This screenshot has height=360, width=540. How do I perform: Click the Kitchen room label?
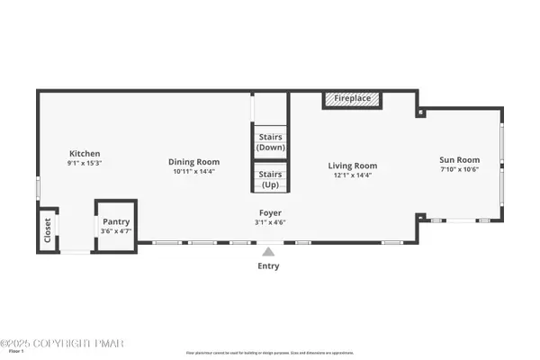(x=84, y=154)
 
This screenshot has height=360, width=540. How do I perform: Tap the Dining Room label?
(x=193, y=162)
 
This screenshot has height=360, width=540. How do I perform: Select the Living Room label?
(x=352, y=166)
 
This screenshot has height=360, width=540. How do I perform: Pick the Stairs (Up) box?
(x=270, y=179)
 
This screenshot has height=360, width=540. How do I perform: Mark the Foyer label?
(x=269, y=212)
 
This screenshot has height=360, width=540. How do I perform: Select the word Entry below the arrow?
(x=268, y=266)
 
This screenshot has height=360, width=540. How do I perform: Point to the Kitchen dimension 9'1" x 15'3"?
(x=84, y=163)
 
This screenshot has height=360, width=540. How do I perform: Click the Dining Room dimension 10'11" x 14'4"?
(x=193, y=171)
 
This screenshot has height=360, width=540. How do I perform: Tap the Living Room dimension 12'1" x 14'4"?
(x=352, y=175)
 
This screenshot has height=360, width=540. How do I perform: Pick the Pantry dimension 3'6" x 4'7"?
(x=116, y=231)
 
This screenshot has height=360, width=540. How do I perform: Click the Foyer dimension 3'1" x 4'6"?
(x=269, y=222)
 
